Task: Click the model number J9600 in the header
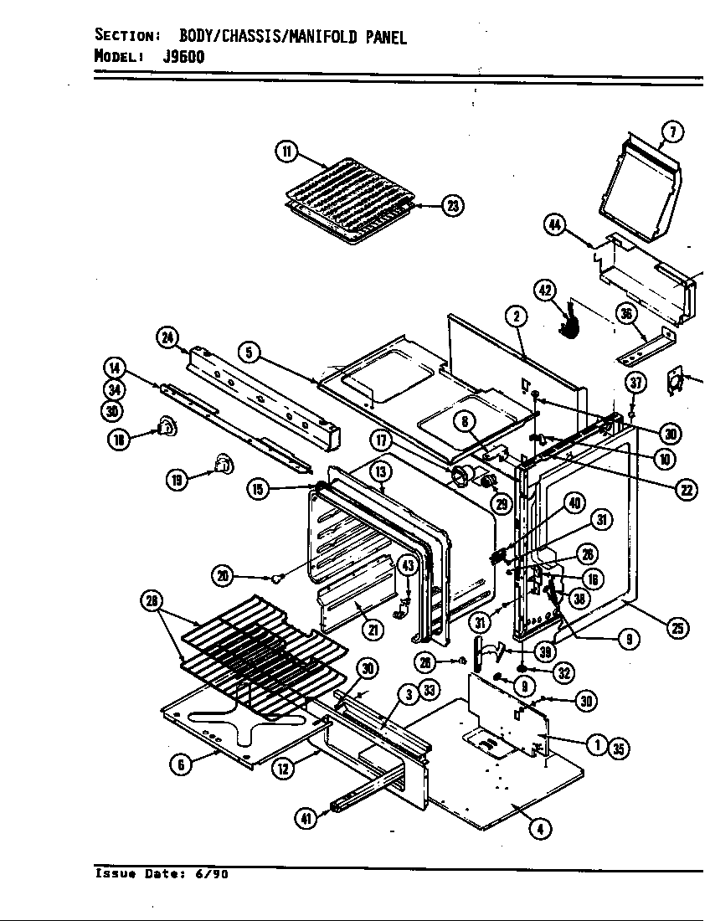pyautogui.click(x=183, y=57)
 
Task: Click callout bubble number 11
pyautogui.click(x=286, y=152)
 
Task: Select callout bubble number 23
pyautogui.click(x=453, y=206)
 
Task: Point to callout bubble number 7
pyautogui.click(x=671, y=131)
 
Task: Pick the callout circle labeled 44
pyautogui.click(x=554, y=224)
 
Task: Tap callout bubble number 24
pyautogui.click(x=167, y=337)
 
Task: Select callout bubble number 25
pyautogui.click(x=677, y=628)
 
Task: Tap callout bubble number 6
pyautogui.click(x=178, y=764)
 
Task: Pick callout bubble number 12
pyautogui.click(x=285, y=766)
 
